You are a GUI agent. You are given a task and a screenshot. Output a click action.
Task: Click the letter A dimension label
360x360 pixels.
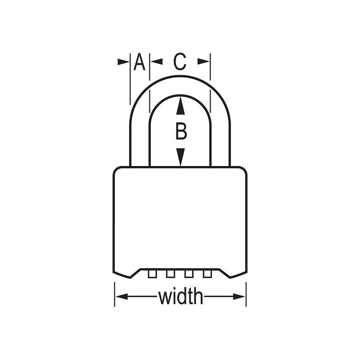tap(139, 62)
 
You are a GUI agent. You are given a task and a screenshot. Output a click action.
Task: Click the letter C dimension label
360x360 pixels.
tap(180, 62)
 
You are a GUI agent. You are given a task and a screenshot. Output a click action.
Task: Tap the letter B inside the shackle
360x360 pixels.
tap(180, 132)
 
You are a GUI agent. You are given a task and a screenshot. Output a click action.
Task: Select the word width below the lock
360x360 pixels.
tap(180, 297)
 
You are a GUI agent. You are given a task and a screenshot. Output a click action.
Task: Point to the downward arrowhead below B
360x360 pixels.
tap(180, 157)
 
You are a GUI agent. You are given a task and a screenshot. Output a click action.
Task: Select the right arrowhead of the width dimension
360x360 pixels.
tap(240, 297)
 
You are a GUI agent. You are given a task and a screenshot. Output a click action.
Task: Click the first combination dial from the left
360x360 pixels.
tap(152, 273)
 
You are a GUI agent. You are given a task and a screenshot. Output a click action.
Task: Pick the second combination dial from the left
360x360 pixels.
tap(170, 273)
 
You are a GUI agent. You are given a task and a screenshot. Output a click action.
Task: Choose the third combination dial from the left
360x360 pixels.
tap(189, 273)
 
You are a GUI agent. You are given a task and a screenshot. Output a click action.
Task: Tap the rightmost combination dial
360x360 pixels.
tap(207, 273)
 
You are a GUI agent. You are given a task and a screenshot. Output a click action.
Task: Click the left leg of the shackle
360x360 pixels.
tap(139, 144)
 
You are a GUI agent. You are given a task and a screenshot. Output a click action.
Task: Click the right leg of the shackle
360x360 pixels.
tap(220, 144)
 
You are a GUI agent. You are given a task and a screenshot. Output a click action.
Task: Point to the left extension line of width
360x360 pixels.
tap(114, 295)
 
